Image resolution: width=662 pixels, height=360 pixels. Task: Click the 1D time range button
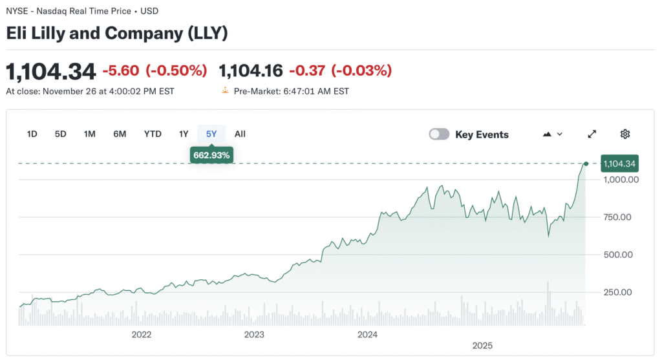[x=32, y=134]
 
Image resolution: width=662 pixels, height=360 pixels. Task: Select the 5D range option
[x=60, y=134]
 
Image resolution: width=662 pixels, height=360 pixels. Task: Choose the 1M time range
[x=90, y=134]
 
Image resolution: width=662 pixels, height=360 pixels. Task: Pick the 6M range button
[x=120, y=134]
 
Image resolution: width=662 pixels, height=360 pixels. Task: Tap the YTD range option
[x=153, y=134]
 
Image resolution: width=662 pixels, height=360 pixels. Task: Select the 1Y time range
[x=184, y=134]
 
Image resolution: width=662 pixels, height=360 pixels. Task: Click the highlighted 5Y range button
[x=211, y=134]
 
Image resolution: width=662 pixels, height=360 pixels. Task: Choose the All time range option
[x=240, y=134]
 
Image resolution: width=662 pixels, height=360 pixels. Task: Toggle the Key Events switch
[x=439, y=134]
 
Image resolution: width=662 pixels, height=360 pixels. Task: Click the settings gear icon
[x=625, y=134]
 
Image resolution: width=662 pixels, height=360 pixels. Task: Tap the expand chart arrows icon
[x=592, y=134]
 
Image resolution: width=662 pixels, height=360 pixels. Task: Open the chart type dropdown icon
[x=553, y=134]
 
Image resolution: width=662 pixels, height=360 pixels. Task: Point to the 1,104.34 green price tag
[x=619, y=164]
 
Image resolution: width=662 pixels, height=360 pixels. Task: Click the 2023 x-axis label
[x=254, y=334]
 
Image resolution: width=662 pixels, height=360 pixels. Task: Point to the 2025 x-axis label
[x=482, y=345]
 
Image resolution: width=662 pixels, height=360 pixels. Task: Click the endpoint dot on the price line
[x=586, y=164]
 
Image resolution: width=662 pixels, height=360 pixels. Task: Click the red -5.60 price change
[x=122, y=70]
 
